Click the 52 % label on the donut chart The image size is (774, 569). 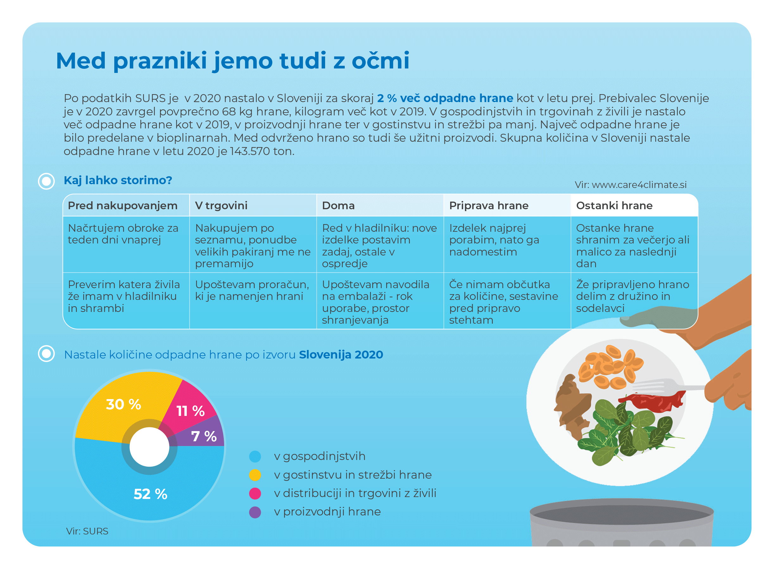coord(150,494)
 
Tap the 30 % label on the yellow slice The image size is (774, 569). coord(123,404)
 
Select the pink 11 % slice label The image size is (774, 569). coord(191,411)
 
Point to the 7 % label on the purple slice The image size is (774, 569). coord(204,436)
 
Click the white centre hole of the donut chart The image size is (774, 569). coord(149,447)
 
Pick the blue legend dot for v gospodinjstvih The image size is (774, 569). coord(255,456)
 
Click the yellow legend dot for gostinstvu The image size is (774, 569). coord(255,475)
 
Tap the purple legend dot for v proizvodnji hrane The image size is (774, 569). coord(255,512)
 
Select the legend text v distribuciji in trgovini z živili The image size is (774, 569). coord(355,493)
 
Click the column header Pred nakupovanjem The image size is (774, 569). coord(123,206)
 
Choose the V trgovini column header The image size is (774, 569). coord(221,206)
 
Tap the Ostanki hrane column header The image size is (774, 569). coord(614,206)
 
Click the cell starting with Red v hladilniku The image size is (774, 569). coord(380,246)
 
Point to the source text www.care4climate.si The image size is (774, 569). coord(639,184)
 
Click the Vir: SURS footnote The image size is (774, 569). coord(87,531)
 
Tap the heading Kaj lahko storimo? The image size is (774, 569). coord(118,180)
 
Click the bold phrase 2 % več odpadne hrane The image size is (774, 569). coord(445,98)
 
